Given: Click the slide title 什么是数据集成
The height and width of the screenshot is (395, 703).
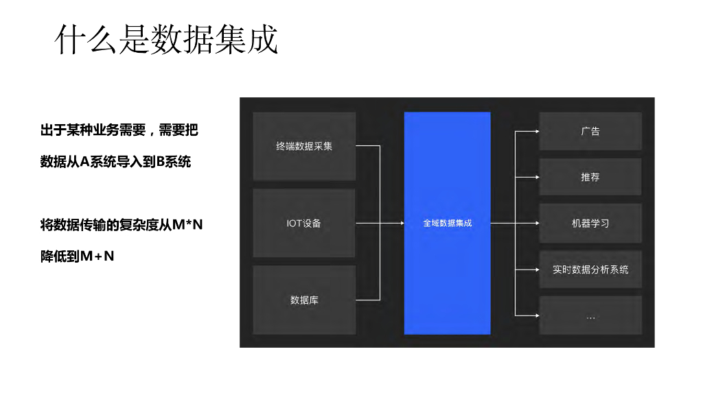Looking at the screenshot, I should click(167, 39).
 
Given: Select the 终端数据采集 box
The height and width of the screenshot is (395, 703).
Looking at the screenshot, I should click(304, 146).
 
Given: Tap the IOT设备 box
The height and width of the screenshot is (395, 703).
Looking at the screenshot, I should click(304, 223).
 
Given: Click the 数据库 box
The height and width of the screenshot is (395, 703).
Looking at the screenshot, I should click(304, 300).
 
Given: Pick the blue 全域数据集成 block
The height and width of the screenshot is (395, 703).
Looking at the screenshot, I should click(447, 223).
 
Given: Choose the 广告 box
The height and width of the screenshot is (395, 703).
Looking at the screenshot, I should click(590, 131).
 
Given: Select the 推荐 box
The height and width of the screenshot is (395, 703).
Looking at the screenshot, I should click(590, 177).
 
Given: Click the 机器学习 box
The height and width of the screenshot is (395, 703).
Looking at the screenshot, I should click(590, 223).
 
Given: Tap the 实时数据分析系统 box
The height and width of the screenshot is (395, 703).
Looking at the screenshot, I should click(590, 270).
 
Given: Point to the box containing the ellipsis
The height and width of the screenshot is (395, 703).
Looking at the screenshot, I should click(590, 315).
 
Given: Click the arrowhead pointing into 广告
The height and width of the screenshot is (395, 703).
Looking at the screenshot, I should click(535, 131).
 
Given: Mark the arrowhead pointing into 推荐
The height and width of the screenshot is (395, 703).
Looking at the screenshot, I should click(535, 177).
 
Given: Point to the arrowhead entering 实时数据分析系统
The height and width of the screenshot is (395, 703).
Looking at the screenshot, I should click(535, 270).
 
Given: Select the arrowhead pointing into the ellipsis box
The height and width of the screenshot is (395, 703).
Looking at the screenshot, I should click(535, 315).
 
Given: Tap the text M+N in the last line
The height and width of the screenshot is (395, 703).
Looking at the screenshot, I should click(97, 256).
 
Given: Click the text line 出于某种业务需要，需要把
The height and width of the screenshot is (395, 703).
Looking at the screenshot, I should click(119, 130).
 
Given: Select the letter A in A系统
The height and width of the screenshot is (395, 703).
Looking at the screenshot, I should click(86, 163).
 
